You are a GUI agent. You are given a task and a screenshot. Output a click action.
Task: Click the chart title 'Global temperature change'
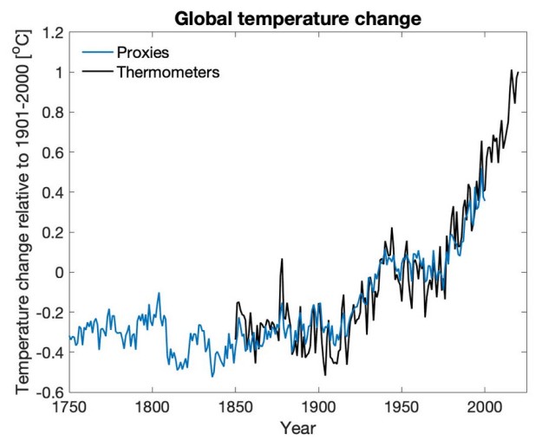[x=297, y=17]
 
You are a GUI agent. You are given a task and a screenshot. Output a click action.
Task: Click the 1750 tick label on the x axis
[x=69, y=406]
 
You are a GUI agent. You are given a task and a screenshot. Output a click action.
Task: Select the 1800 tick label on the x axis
[x=152, y=406]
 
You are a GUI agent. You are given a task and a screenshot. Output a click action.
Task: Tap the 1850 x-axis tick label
[x=235, y=406]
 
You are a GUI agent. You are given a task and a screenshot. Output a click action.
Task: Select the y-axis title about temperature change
[x=20, y=212]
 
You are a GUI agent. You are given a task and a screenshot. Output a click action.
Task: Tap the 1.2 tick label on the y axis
[x=51, y=33]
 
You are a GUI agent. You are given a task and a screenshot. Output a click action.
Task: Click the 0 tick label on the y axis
[x=57, y=272]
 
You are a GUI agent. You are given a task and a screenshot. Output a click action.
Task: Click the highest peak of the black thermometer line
[x=512, y=70]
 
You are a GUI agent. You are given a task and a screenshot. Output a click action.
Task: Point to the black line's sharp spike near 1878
[x=282, y=259]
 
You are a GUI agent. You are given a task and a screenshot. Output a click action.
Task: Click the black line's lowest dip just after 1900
[x=325, y=374]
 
